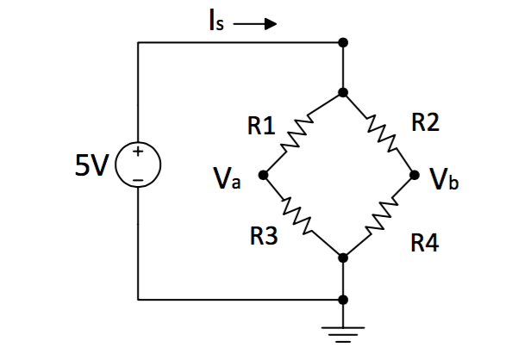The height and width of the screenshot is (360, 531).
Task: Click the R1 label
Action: [261, 127]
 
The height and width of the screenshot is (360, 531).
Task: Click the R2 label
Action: [425, 123]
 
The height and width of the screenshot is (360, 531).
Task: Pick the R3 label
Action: [264, 237]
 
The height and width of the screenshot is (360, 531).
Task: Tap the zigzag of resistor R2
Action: [381, 133]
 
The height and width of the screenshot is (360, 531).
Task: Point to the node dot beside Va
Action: [264, 175]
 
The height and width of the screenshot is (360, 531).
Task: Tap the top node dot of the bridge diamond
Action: [343, 91]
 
